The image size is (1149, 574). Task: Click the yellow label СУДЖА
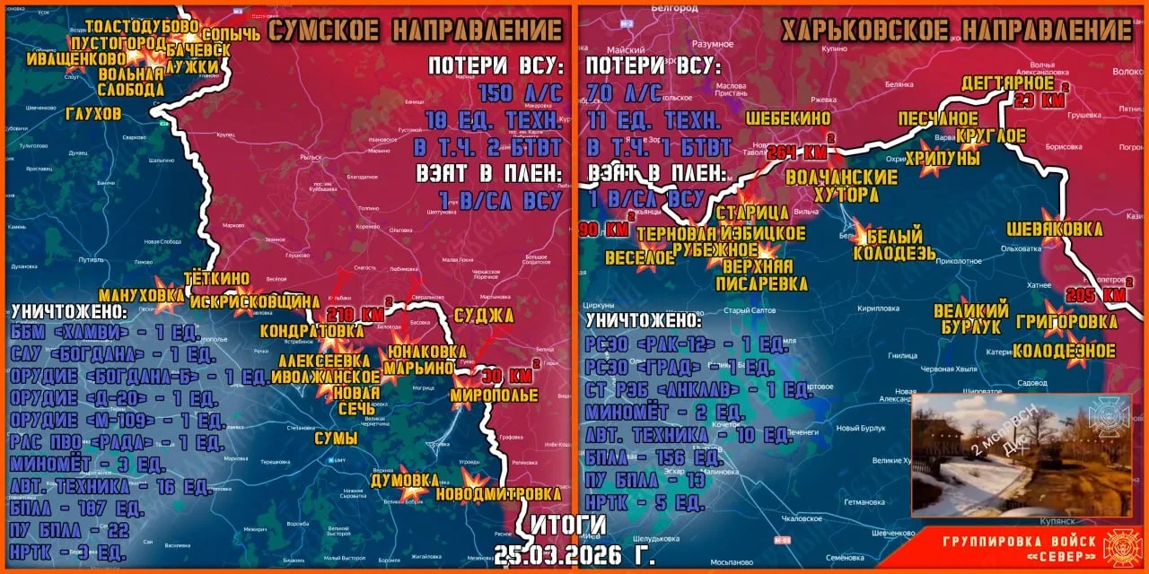point(484,315)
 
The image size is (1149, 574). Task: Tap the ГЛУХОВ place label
point(93,114)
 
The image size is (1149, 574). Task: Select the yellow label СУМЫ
point(336,439)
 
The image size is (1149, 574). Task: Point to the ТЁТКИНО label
point(216,279)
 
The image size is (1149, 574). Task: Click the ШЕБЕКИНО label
point(788,118)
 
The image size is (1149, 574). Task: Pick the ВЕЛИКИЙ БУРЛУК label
point(971,318)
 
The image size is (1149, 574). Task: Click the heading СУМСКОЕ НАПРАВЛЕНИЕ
point(416,30)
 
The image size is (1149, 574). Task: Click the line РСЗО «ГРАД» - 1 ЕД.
point(680,367)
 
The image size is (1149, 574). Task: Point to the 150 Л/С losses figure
point(521,92)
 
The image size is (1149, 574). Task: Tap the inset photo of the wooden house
point(1021,455)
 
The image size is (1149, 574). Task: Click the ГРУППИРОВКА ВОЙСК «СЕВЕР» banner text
point(1019,546)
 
